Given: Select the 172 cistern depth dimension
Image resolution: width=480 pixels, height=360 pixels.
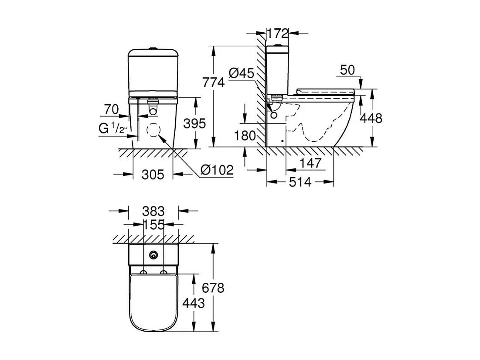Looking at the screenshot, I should click(x=277, y=33).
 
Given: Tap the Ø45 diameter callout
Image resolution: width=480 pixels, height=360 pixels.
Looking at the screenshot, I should click(x=241, y=73).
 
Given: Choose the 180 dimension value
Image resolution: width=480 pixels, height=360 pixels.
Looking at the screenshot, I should click(x=245, y=136).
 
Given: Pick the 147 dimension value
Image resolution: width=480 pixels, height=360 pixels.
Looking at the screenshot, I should click(x=310, y=163).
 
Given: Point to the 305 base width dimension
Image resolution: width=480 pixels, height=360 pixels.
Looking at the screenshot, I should click(x=153, y=175).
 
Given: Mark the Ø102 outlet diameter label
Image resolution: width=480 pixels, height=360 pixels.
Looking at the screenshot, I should click(x=217, y=170).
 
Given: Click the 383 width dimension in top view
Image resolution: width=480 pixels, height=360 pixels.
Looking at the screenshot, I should click(x=154, y=212).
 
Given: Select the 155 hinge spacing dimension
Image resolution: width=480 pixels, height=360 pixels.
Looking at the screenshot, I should click(x=154, y=225).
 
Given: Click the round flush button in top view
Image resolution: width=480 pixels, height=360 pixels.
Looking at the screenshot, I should click(x=153, y=255).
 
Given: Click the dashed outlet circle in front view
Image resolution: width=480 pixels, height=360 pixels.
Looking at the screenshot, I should click(x=153, y=130).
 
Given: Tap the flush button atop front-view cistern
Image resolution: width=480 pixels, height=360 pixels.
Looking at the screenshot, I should click(x=153, y=48).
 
